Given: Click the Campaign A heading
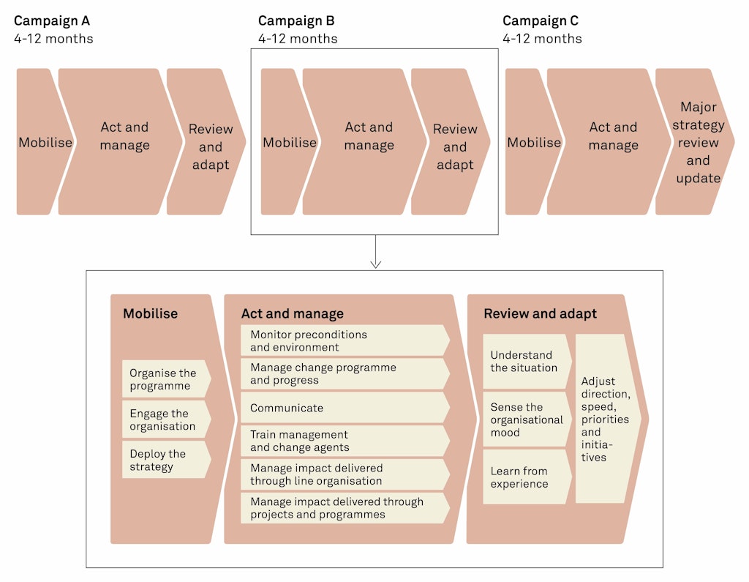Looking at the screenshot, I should (52, 21).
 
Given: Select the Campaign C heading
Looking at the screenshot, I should (541, 21).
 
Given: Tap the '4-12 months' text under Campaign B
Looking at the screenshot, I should (298, 39).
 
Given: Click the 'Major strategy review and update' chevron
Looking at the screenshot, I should (696, 142).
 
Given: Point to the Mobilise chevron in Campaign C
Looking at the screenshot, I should (532, 142).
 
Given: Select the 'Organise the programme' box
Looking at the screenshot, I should (165, 379).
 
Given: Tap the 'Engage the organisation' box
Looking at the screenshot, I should (165, 419).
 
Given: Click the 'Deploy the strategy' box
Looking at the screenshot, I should (165, 460).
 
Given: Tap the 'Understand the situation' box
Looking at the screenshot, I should (525, 361).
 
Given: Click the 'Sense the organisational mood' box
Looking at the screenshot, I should (525, 419).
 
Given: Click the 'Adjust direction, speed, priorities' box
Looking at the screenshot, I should (606, 419).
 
